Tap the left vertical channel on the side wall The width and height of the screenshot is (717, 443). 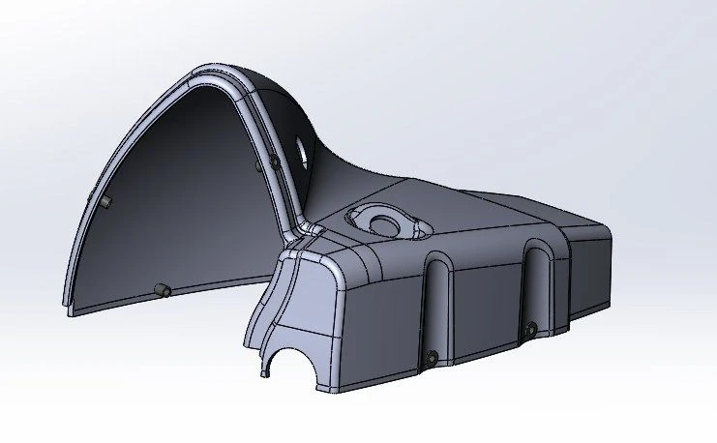pyautogui.click(x=437, y=305)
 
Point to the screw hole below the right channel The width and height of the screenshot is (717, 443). pyautogui.click(x=530, y=331)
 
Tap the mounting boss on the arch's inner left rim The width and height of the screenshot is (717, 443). pyautogui.click(x=105, y=200)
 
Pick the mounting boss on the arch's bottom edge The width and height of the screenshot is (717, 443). pyautogui.click(x=161, y=289)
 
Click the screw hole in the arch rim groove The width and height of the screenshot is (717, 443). pyautogui.click(x=275, y=160)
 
